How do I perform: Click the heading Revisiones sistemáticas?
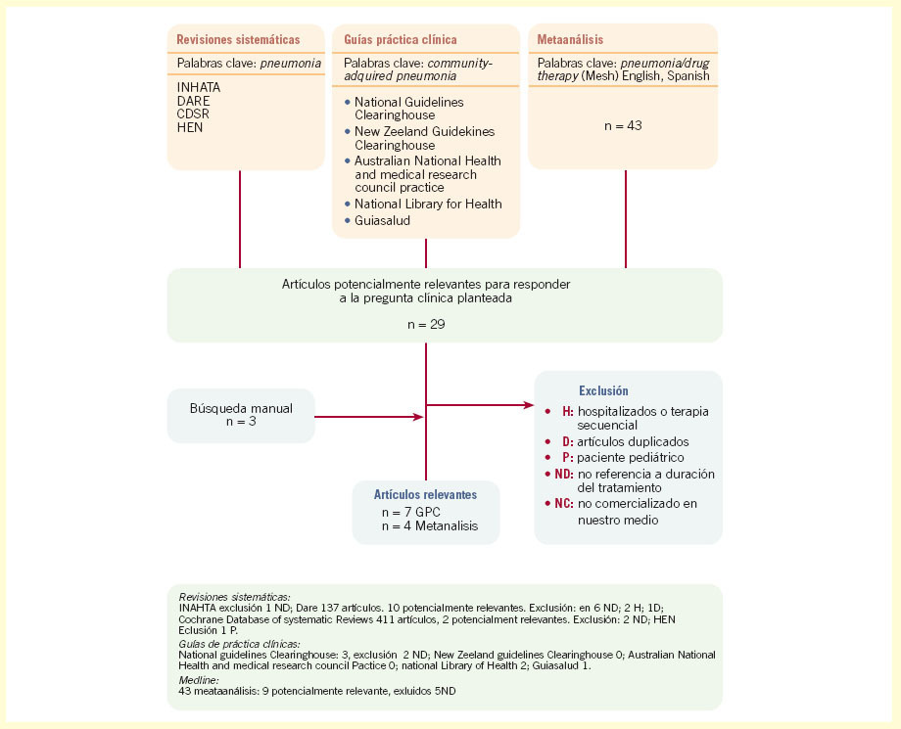[x=238, y=40]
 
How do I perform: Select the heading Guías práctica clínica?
[x=403, y=40]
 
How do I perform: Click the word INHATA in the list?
[x=199, y=85]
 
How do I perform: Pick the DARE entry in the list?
[x=193, y=99]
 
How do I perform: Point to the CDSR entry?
[x=194, y=114]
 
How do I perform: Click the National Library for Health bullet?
[x=428, y=204]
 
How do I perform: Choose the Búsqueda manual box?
[x=240, y=414]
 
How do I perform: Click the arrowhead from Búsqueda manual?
[x=418, y=417]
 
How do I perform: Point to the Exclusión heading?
[x=603, y=390]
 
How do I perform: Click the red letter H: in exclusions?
[x=567, y=412]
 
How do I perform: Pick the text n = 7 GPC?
[x=411, y=512]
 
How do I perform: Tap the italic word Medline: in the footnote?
[x=200, y=678]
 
